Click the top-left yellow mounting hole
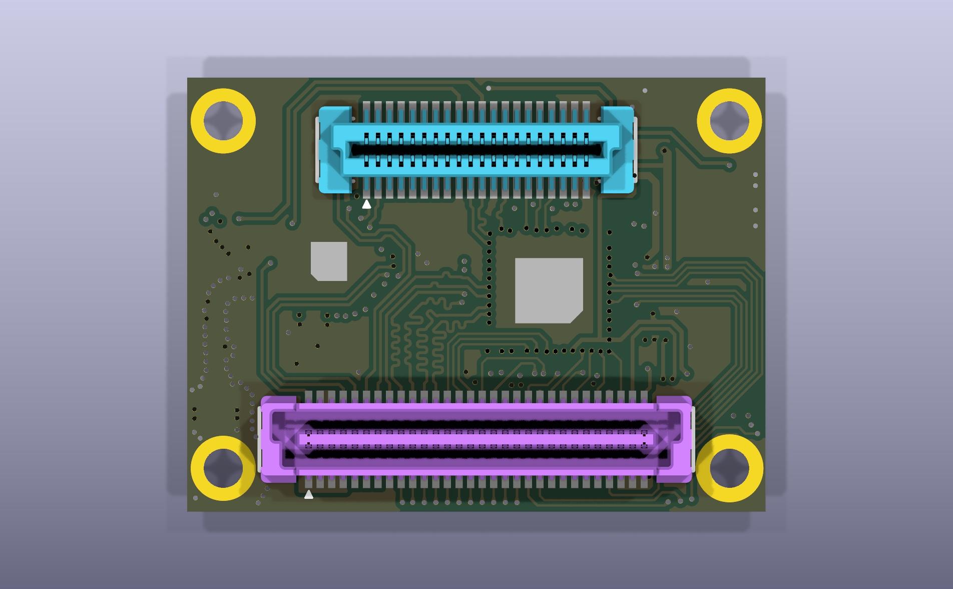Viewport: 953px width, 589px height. click(x=223, y=121)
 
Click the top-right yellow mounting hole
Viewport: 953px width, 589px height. click(x=729, y=121)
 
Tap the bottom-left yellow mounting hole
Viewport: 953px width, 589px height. click(x=223, y=468)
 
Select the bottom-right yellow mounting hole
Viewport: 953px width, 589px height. click(x=729, y=468)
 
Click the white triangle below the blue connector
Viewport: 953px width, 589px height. click(x=366, y=204)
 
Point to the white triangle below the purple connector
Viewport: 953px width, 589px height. click(x=309, y=495)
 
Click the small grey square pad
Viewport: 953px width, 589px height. click(x=329, y=261)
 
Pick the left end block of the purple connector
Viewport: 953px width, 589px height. click(x=278, y=440)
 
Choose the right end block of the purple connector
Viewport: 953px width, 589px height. click(x=674, y=440)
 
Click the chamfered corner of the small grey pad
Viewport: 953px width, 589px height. click(x=315, y=276)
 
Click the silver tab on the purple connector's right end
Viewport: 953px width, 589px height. click(x=693, y=440)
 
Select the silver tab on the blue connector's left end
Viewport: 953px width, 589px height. click(x=317, y=149)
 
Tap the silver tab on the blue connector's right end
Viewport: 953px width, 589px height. click(x=635, y=149)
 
